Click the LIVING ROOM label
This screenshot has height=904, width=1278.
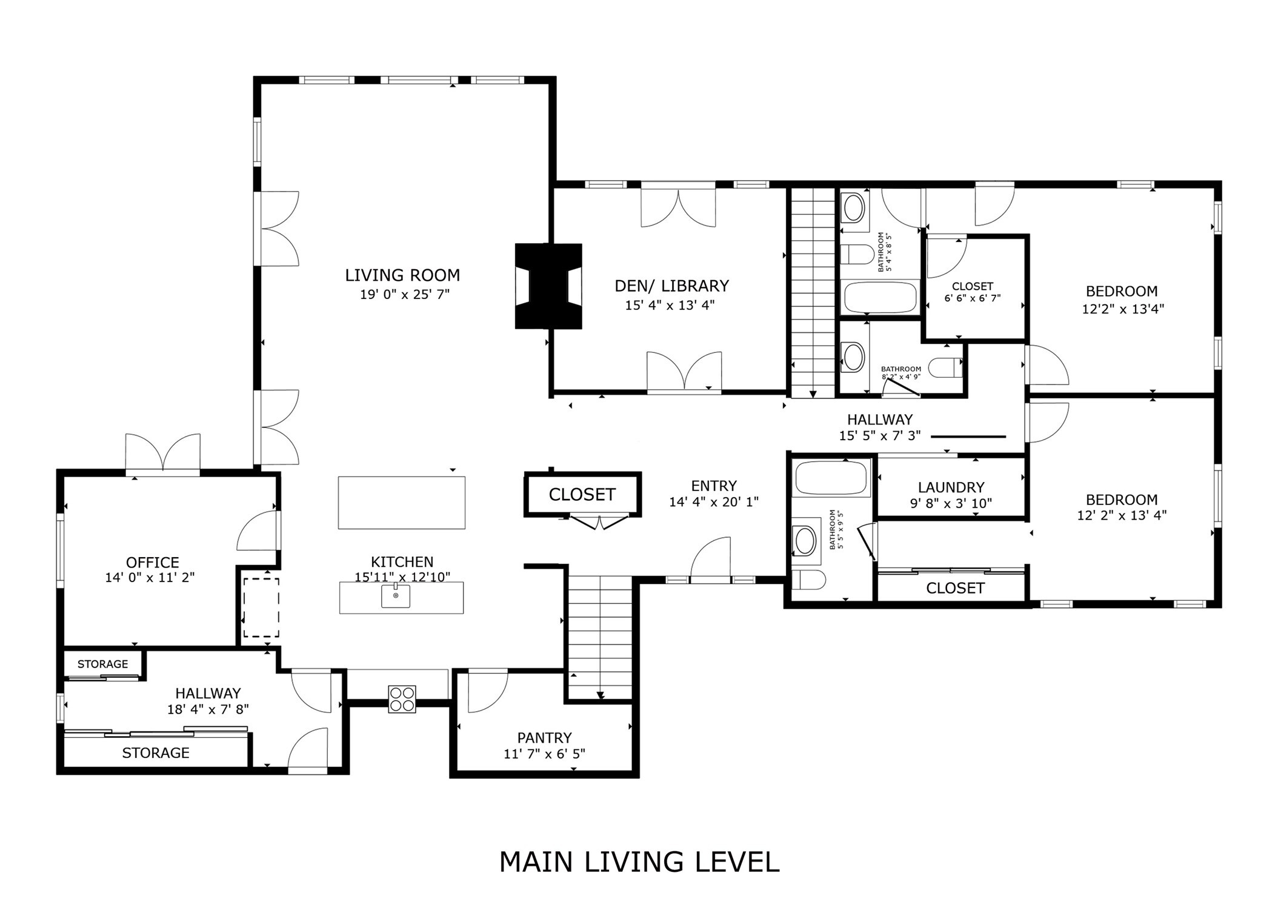point(402,275)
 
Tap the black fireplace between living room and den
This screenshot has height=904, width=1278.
point(548,286)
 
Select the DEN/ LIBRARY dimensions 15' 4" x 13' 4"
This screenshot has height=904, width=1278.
point(670,305)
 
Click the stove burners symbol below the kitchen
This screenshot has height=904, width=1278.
point(402,698)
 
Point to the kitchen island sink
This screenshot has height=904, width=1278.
point(395,595)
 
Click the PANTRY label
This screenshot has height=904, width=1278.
point(544,737)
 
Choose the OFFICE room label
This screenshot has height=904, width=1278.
point(152,562)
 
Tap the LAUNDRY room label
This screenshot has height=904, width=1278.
point(951,487)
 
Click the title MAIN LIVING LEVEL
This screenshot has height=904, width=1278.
point(639,862)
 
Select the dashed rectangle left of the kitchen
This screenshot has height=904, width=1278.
point(261,607)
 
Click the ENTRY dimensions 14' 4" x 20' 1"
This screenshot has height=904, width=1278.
point(713,502)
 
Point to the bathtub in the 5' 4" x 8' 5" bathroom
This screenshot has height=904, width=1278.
point(880,297)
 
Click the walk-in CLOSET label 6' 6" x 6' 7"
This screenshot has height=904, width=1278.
point(972,286)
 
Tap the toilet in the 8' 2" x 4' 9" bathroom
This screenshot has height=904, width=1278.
point(945,367)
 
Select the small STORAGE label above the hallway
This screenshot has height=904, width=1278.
point(102,664)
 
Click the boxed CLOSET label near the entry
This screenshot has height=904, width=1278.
point(582,495)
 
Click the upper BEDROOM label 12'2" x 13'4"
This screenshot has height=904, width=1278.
point(1121,291)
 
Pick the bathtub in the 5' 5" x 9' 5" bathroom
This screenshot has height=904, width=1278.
point(831,478)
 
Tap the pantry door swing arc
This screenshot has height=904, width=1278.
point(488,691)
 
